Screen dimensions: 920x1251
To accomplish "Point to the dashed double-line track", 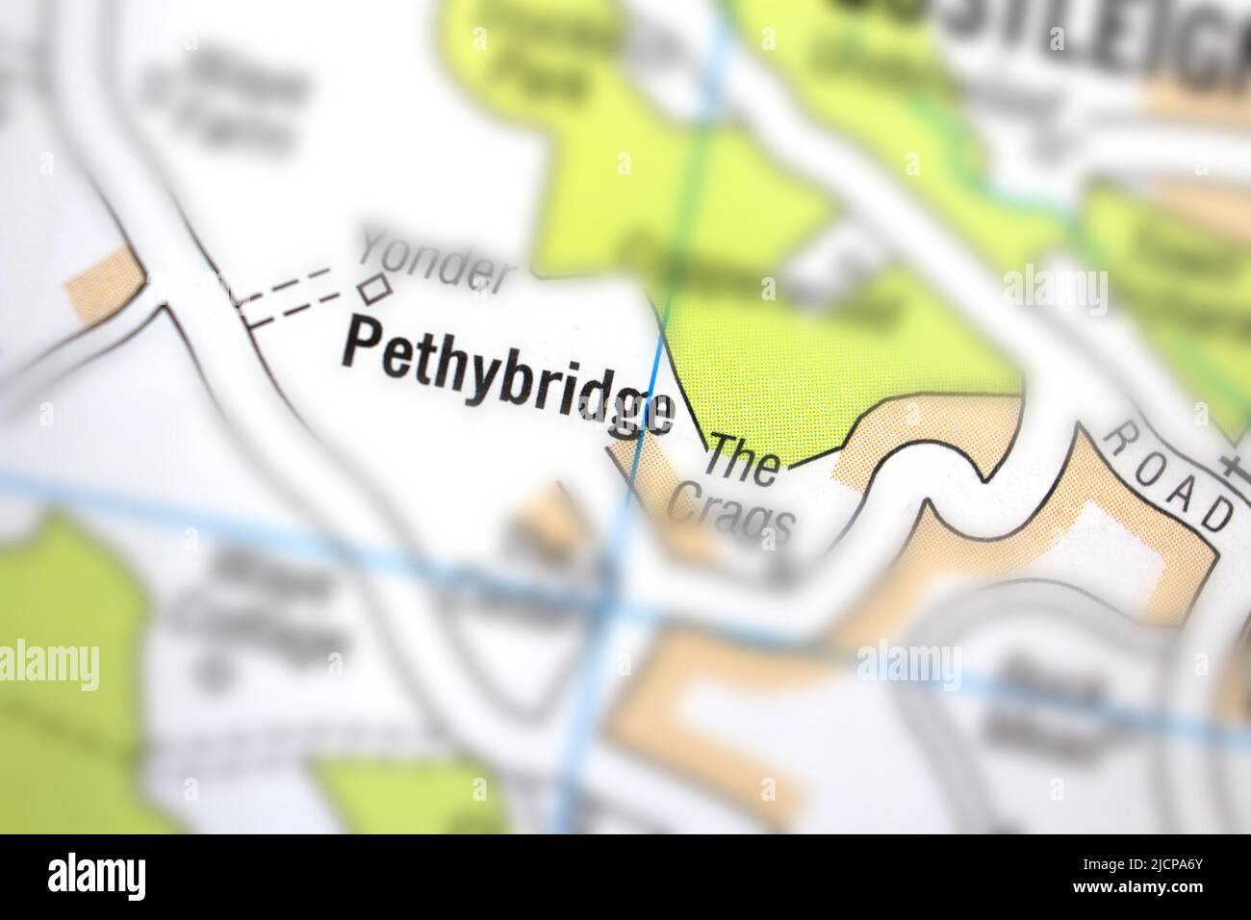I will [x=289, y=294].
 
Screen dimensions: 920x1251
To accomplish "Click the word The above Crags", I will [x=742, y=461].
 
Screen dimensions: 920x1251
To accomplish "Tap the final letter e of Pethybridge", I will [x=659, y=414].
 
